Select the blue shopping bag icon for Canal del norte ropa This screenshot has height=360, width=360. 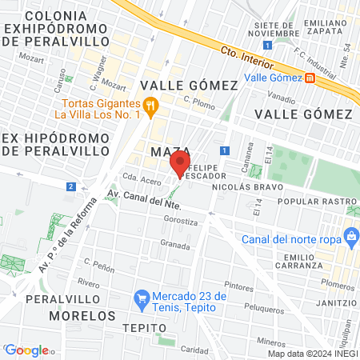pos(349,235)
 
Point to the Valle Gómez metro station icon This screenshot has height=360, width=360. pos(310,78)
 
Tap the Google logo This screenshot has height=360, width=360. pos(26,350)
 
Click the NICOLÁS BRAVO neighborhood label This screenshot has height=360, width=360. pos(248,186)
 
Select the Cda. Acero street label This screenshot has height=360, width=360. pos(135,180)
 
